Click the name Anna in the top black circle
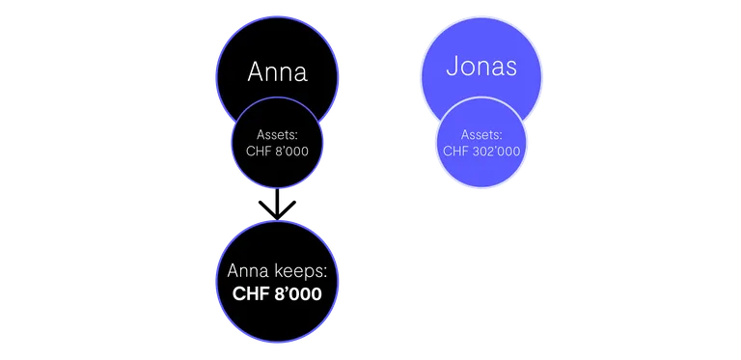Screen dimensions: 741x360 point(278,72)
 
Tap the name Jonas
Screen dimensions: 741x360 point(481,67)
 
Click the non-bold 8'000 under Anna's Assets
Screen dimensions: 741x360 point(292,152)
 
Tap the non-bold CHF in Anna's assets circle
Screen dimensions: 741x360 point(256,152)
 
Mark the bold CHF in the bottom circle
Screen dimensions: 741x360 point(250,293)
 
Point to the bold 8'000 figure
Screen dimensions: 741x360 point(298,293)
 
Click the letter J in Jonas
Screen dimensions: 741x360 point(451,67)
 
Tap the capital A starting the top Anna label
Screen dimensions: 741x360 point(255,72)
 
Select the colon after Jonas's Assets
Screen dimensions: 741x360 point(501,136)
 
